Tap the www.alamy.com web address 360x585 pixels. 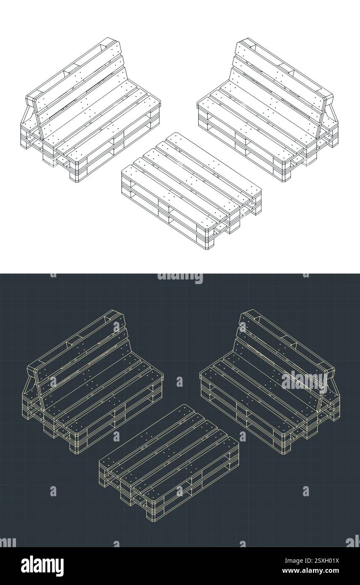point(320,571)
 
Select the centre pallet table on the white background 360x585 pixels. point(192,189)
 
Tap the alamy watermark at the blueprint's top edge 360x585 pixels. point(180,278)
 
